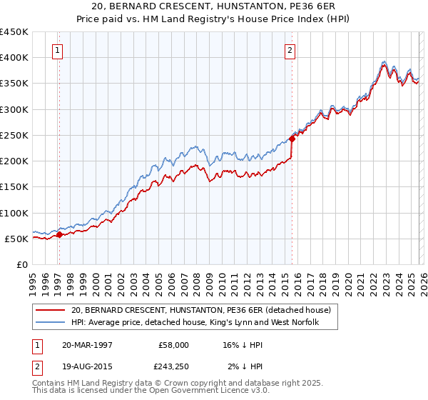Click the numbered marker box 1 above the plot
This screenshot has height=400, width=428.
[57, 50]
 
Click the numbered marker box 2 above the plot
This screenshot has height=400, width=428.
[290, 50]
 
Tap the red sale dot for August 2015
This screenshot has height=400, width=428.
[292, 139]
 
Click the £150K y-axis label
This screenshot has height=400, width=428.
[14, 187]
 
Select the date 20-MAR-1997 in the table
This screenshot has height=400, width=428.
[87, 344]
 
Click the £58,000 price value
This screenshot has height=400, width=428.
[173, 344]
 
